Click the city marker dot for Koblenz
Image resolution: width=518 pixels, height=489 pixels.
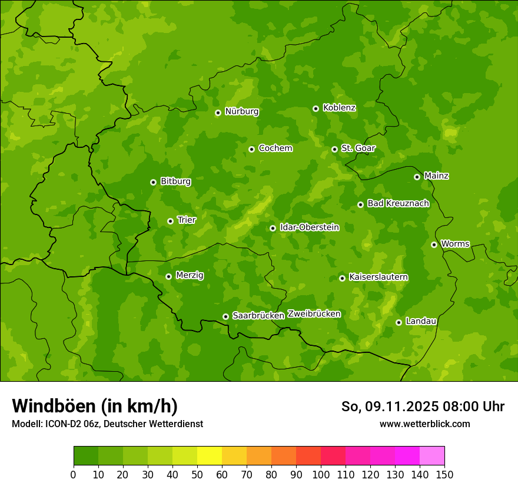pos(316,108)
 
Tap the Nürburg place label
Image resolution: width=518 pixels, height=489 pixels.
pos(241,111)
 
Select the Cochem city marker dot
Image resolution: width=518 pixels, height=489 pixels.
pos(251,149)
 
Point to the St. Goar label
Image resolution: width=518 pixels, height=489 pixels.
pos(358,148)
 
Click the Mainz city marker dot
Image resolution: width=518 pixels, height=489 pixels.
pos(417,177)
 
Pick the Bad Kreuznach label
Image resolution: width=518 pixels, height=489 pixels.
pos(398,203)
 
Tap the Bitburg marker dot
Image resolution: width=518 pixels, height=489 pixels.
pos(153,182)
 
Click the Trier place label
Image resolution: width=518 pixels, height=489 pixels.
pos(187,220)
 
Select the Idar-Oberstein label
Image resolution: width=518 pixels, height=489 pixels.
pos(310,227)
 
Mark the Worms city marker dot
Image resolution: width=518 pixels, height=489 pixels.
pos(434,244)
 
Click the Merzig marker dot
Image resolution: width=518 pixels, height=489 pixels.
pos(168,276)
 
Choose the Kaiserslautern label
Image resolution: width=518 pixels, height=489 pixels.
pos(378,277)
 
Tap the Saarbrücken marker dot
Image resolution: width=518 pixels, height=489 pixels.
pos(225,316)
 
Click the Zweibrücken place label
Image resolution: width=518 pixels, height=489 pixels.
pos(314,314)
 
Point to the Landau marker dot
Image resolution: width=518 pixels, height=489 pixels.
pos(399,322)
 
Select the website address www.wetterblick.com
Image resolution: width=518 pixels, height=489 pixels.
pos(424,424)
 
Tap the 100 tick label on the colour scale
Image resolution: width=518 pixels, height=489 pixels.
pos(321,474)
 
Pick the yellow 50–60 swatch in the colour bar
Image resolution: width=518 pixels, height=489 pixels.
pos(210,456)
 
